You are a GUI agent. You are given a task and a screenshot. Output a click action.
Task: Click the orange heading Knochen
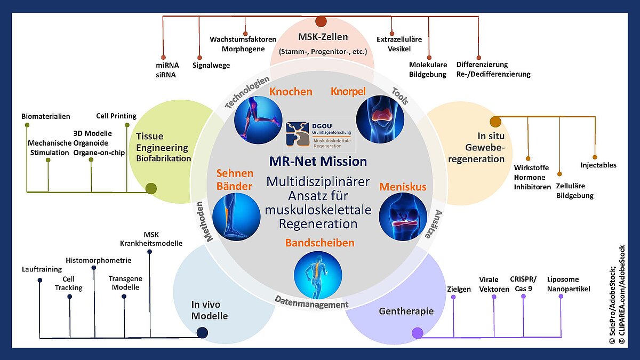(290, 92)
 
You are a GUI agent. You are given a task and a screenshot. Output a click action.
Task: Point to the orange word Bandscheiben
(319, 243)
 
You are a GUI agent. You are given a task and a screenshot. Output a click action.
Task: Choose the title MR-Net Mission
(318, 161)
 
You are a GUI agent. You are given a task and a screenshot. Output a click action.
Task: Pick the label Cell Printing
(116, 116)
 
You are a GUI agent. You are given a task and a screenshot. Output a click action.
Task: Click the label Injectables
(598, 165)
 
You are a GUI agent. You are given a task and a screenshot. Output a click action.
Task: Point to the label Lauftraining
(42, 269)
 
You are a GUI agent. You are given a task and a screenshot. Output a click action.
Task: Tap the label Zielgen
(458, 289)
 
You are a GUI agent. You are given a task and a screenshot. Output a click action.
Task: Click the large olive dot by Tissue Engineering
(151, 188)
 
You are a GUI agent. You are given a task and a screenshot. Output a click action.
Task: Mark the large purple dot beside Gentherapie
(417, 333)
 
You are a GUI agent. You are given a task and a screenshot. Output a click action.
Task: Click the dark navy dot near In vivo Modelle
(202, 333)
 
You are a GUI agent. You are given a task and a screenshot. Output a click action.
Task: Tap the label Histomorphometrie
(98, 260)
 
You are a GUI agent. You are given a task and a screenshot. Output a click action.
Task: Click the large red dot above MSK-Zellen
(321, 21)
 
